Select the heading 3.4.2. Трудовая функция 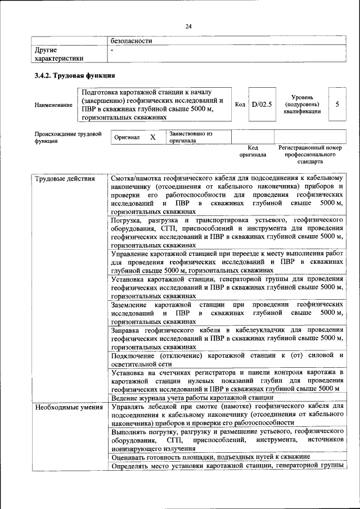tap(75, 75)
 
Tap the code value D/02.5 tap(262, 104)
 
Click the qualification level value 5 tap(337, 104)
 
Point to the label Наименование tap(53, 105)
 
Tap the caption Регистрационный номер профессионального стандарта tap(310, 154)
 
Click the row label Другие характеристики tap(59, 53)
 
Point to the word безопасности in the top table tap(132, 40)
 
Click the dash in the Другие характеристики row tap(112, 50)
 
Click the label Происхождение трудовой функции tap(68, 138)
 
